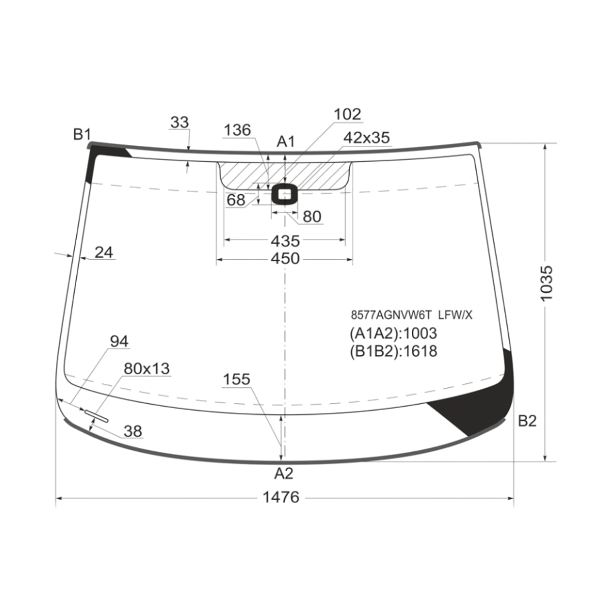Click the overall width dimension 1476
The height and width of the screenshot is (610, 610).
(x=281, y=497)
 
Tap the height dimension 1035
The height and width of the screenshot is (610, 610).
(x=546, y=283)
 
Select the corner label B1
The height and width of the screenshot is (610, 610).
(x=82, y=134)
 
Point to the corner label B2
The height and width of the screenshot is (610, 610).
(x=527, y=421)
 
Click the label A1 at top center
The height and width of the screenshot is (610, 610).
(x=286, y=141)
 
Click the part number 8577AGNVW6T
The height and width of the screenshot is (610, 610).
(x=391, y=315)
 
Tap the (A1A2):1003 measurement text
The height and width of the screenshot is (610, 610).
(x=393, y=333)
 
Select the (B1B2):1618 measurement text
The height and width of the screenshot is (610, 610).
(x=393, y=351)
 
